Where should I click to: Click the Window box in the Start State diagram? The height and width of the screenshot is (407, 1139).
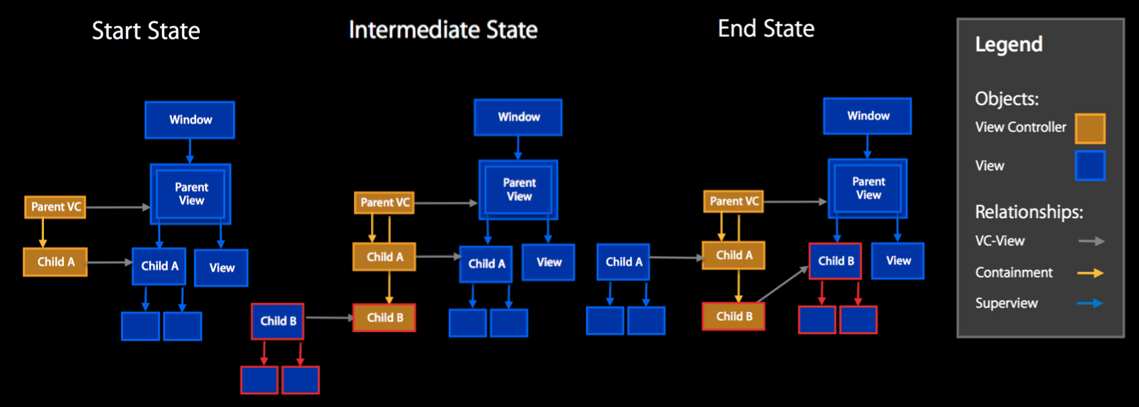(x=190, y=120)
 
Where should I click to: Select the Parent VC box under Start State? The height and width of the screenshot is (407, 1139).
(x=55, y=207)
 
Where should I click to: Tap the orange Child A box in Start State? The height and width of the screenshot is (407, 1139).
(x=55, y=262)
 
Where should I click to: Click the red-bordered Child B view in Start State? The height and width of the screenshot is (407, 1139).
(x=277, y=321)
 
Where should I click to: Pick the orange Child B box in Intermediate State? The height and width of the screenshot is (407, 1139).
(x=384, y=318)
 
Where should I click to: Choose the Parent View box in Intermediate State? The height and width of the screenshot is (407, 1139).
(x=519, y=190)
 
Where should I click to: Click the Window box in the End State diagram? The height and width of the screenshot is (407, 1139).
(x=868, y=116)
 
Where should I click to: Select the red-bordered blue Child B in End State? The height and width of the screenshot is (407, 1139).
(x=835, y=260)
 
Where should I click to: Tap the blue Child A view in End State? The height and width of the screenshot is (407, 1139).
(x=624, y=262)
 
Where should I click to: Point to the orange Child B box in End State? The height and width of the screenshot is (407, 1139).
(x=733, y=316)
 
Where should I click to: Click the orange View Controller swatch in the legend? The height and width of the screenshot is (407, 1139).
(x=1089, y=129)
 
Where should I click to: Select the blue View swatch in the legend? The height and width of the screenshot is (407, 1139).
(x=1089, y=166)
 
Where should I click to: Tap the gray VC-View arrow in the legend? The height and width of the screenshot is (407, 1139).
(x=1091, y=241)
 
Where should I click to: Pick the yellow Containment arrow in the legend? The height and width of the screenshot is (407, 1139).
(x=1090, y=273)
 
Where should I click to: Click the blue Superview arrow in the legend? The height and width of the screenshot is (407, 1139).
(x=1090, y=303)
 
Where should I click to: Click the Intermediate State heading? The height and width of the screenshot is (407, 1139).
(x=443, y=30)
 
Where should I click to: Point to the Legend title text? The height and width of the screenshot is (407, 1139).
(x=1009, y=45)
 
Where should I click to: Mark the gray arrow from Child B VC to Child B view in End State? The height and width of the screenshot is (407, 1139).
(x=783, y=285)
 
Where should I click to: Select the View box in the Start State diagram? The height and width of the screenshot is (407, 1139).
(x=222, y=268)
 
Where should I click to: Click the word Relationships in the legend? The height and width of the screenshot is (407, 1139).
(x=1029, y=212)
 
